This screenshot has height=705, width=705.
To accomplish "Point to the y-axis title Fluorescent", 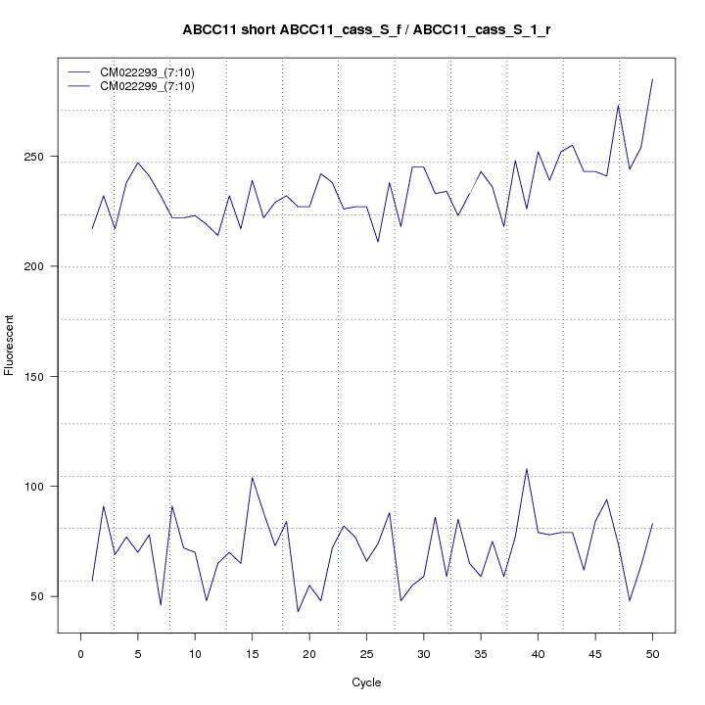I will click(10, 345).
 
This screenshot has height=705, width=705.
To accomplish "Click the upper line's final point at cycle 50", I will click(652, 78).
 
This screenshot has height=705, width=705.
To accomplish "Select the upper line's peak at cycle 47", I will click(618, 105).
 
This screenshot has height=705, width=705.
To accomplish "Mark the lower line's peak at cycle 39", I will click(527, 468).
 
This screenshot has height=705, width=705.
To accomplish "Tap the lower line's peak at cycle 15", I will click(252, 477).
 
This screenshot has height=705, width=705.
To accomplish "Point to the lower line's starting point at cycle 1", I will click(92, 582).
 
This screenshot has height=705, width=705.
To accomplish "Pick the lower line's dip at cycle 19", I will click(298, 612).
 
